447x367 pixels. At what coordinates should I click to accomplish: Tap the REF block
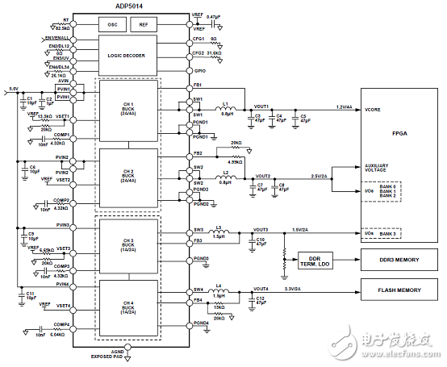144,24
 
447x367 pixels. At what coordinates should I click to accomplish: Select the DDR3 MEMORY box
399,260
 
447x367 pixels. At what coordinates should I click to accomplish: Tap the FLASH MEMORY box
399,290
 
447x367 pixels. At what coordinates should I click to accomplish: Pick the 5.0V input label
13,89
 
